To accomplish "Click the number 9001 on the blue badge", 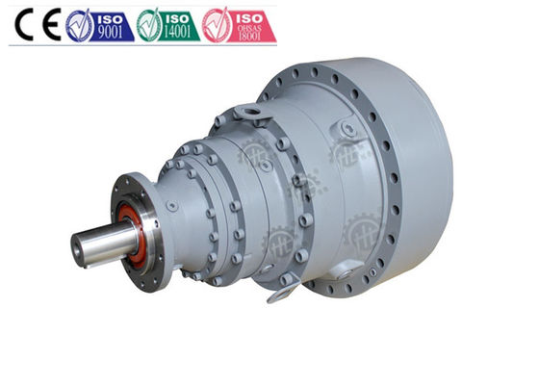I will point(114,34).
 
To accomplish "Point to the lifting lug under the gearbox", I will point(278,288).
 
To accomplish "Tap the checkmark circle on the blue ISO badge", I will point(79,24).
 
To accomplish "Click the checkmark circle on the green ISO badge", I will point(149,24).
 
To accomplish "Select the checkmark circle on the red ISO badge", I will point(217,24).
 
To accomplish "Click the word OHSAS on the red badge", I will point(253,30).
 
